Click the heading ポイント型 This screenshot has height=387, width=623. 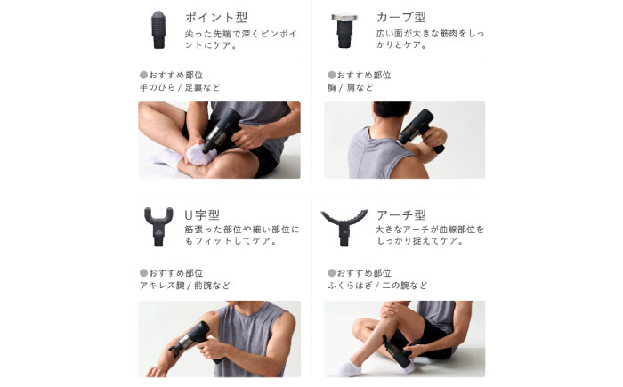(216, 18)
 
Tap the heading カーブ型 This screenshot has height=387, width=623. (400, 18)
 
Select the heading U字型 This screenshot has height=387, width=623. (202, 215)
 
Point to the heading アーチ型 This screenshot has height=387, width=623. (400, 215)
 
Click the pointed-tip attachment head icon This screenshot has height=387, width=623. (158, 29)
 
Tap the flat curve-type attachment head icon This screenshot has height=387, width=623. (344, 30)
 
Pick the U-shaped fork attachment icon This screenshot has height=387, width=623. (158, 227)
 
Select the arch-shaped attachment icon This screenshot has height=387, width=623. (344, 227)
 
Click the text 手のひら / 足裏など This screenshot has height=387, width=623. (180, 87)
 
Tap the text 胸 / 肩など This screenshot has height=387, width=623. (351, 87)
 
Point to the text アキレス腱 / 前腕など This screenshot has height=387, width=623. (185, 286)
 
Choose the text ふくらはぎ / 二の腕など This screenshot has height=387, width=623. (377, 286)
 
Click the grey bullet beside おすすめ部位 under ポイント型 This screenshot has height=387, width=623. (143, 75)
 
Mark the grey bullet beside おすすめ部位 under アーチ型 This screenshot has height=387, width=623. (331, 272)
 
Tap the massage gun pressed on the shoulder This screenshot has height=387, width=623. (419, 129)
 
